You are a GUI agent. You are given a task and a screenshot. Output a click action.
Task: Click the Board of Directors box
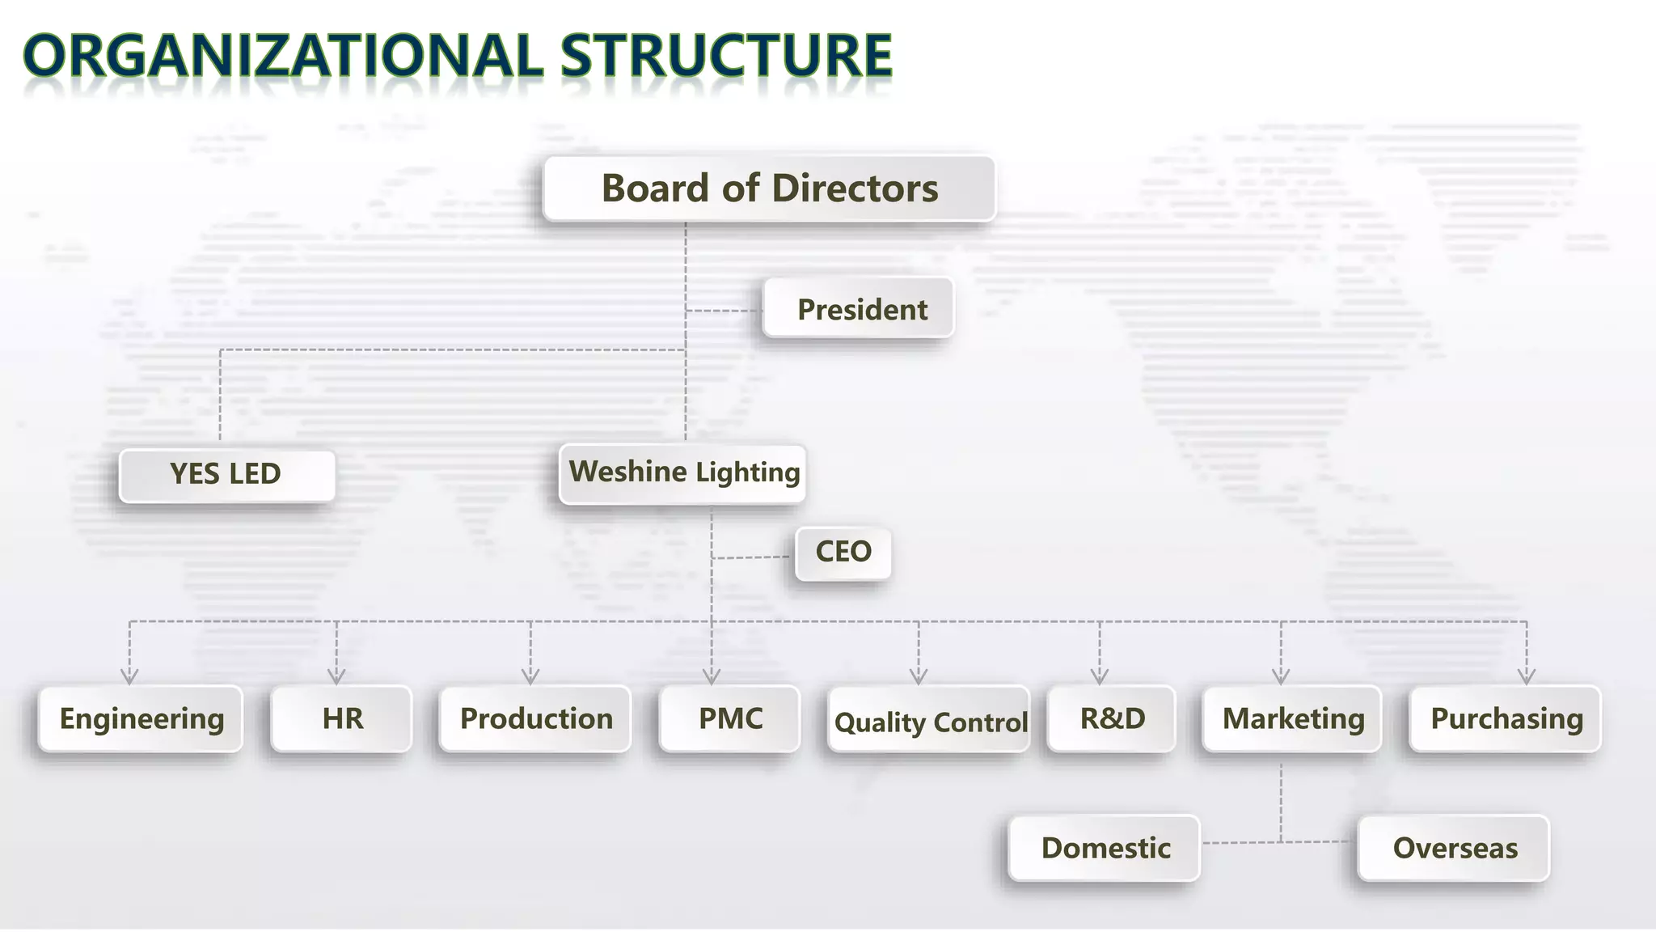[x=769, y=189]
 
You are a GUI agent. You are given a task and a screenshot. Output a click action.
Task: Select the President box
[x=858, y=308]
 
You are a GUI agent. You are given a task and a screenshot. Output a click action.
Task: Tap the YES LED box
[x=226, y=475]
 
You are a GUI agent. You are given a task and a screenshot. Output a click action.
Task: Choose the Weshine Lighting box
[x=682, y=473]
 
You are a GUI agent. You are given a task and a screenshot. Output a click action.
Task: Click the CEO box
[x=843, y=553]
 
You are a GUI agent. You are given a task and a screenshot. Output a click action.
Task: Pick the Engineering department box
[x=141, y=719]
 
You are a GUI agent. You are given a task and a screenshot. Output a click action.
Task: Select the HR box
[x=341, y=719]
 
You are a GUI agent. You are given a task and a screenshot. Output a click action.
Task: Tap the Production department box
[x=535, y=719]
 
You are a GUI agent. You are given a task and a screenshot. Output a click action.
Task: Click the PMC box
[x=729, y=719]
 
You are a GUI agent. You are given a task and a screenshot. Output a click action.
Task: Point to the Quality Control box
[x=929, y=721]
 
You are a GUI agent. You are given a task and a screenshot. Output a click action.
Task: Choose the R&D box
[x=1112, y=719]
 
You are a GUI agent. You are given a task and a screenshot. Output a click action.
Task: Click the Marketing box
[x=1292, y=719]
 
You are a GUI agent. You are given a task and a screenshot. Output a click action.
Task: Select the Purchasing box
[x=1506, y=719]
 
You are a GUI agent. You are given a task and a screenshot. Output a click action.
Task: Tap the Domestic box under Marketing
[x=1105, y=848]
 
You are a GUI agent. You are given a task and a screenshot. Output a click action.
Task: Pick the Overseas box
[x=1454, y=848]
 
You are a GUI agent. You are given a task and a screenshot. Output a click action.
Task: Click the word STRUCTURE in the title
[x=725, y=57]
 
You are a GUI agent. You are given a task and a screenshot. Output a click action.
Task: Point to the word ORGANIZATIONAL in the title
[x=283, y=57]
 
